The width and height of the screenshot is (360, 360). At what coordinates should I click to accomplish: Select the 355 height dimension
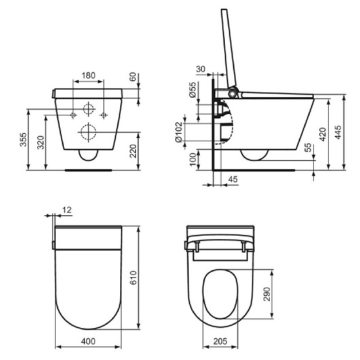click(x=22, y=139)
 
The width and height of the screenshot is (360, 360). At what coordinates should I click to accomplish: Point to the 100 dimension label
click(x=193, y=160)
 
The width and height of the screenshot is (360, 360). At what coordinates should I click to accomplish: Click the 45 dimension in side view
click(x=233, y=180)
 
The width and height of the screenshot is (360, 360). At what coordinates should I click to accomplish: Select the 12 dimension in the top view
click(x=66, y=210)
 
